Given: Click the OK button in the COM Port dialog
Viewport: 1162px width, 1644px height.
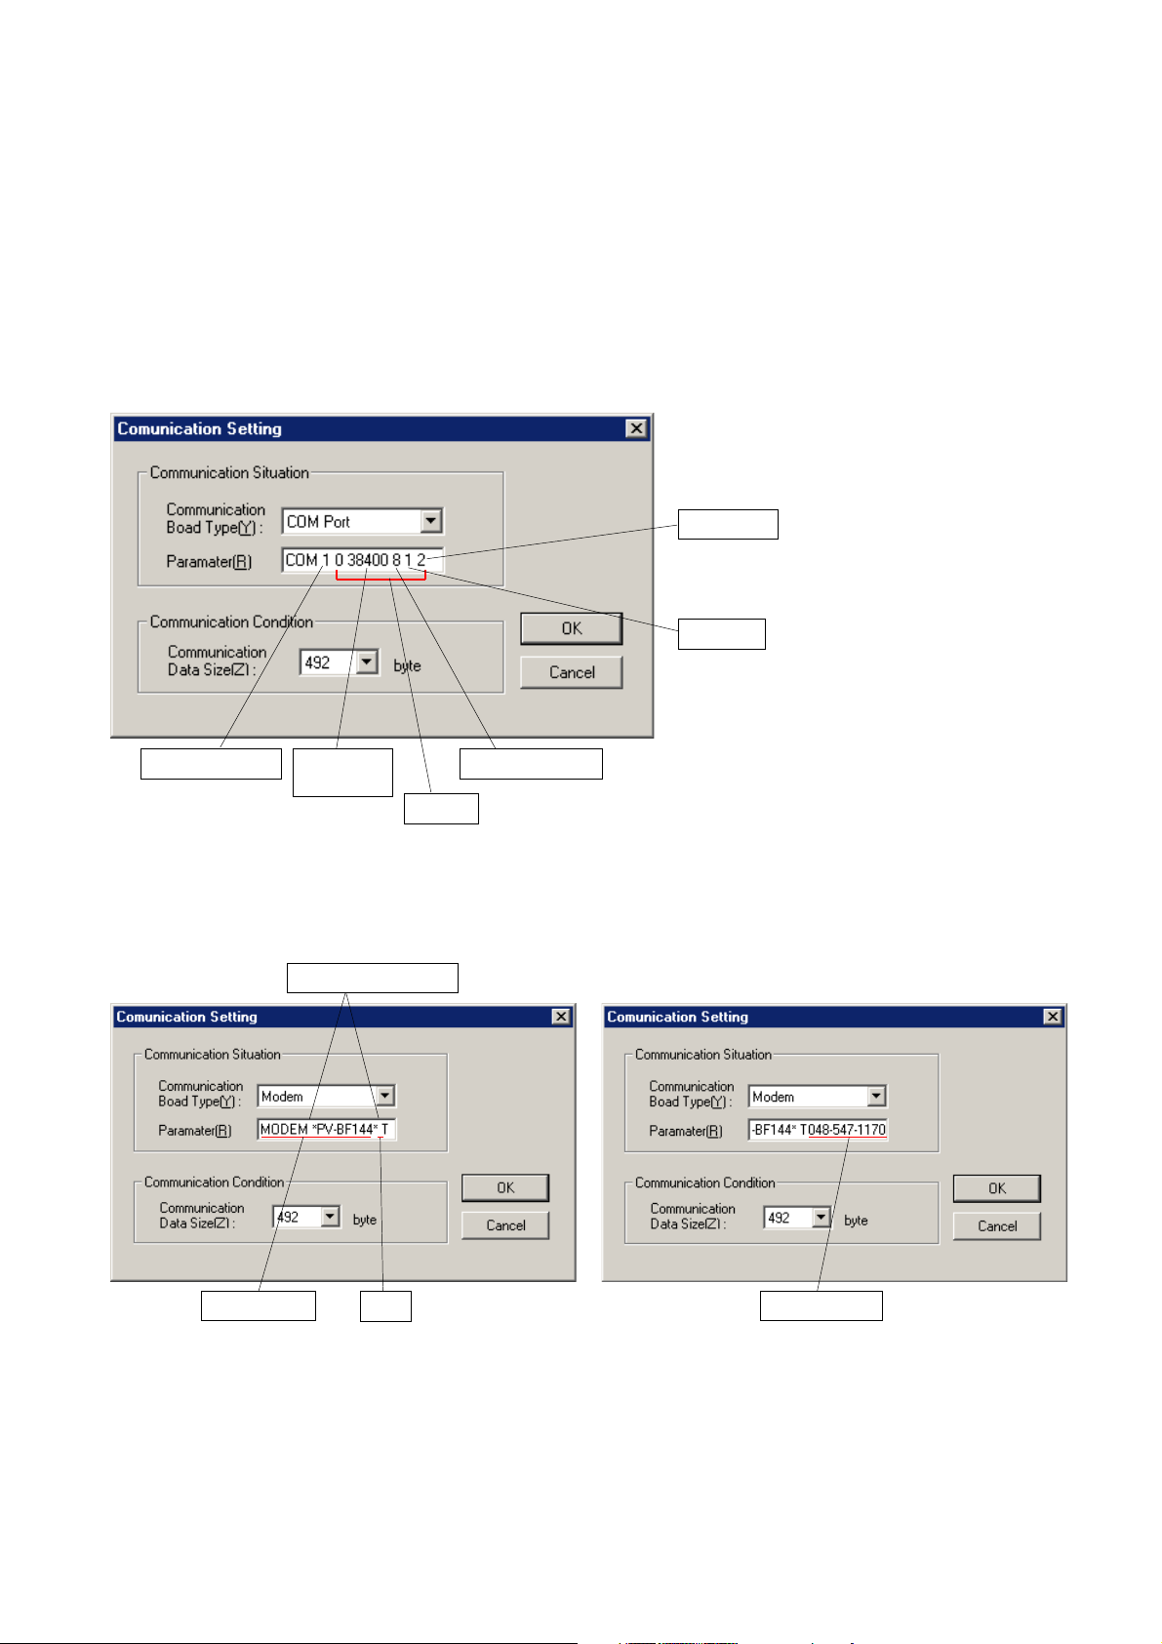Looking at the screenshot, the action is pyautogui.click(x=571, y=628).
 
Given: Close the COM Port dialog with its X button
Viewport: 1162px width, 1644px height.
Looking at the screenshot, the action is pyautogui.click(x=636, y=428).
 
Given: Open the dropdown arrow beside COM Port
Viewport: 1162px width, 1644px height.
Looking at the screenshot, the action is pyautogui.click(x=430, y=521).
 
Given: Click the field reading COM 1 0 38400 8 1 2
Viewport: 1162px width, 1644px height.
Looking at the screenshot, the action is pyautogui.click(x=361, y=560).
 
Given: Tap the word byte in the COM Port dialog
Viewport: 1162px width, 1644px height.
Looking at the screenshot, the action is pyautogui.click(x=407, y=665).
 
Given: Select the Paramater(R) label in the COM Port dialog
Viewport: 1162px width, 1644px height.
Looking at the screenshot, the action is pyautogui.click(x=209, y=562).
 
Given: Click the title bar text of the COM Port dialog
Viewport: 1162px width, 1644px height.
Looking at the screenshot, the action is pyautogui.click(x=199, y=428).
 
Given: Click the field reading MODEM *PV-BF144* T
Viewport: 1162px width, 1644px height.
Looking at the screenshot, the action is pyautogui.click(x=325, y=1129).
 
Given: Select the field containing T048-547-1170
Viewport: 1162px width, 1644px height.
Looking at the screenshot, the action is pyautogui.click(x=818, y=1130).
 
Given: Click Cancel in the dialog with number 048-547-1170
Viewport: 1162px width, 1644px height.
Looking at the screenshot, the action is pyautogui.click(x=996, y=1226).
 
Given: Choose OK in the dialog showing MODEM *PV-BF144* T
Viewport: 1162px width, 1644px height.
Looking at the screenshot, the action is pyautogui.click(x=504, y=1187).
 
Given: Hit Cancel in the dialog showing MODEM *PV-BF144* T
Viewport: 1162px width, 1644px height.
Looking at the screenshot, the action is pyautogui.click(x=504, y=1225).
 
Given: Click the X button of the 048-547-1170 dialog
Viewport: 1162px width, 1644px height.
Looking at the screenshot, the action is pyautogui.click(x=1052, y=1017).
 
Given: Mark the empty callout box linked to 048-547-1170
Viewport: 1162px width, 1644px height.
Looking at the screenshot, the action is pyautogui.click(x=821, y=1305).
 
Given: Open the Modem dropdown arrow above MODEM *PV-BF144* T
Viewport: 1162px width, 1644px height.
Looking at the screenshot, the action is pyautogui.click(x=385, y=1096).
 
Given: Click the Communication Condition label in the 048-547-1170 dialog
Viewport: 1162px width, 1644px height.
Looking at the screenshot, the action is pyautogui.click(x=704, y=1183).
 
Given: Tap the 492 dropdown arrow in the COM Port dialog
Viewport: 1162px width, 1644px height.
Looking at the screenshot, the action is pyautogui.click(x=367, y=662).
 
